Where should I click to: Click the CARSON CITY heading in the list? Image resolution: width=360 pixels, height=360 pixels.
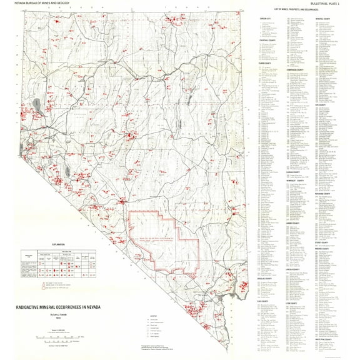coord(267,19)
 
